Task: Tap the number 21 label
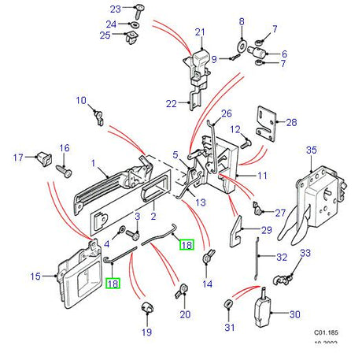pos(199,32)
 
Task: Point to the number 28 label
pos(291,122)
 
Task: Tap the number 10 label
pos(80,100)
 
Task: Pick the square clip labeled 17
pos(44,159)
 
